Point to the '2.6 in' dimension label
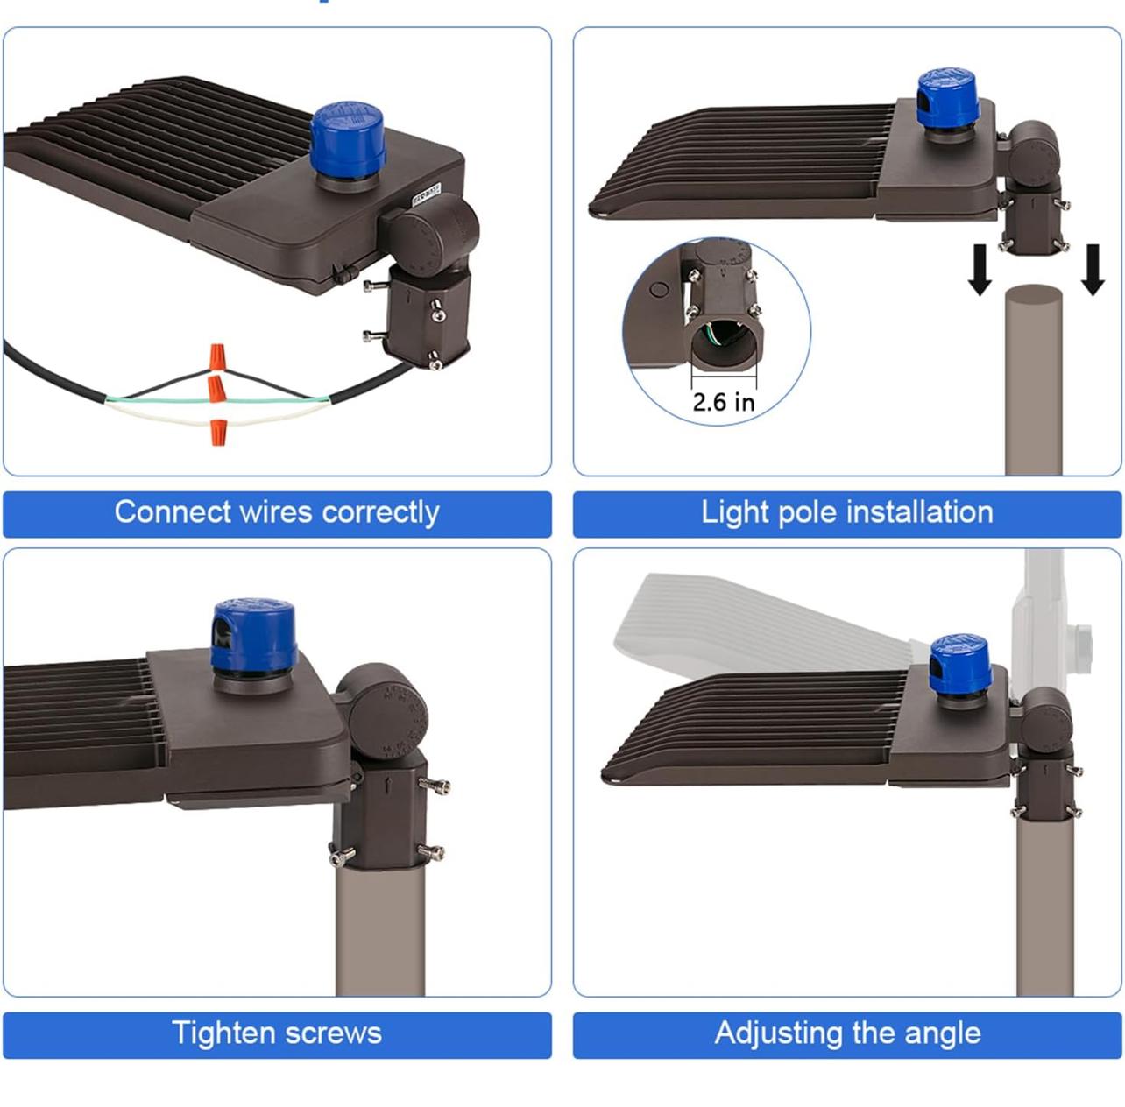723,402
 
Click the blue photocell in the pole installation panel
946,98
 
